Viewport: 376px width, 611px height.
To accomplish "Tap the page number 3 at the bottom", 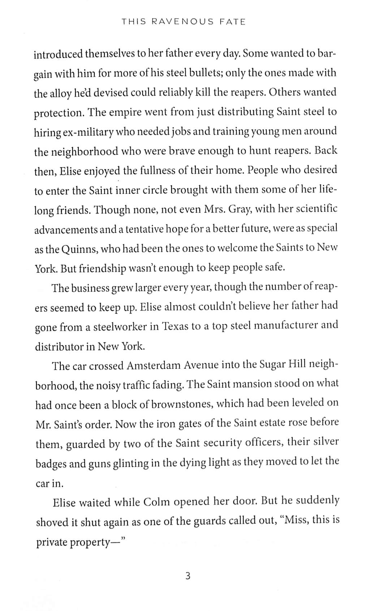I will tap(187, 576).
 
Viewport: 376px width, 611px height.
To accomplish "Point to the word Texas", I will tap(175, 326).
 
